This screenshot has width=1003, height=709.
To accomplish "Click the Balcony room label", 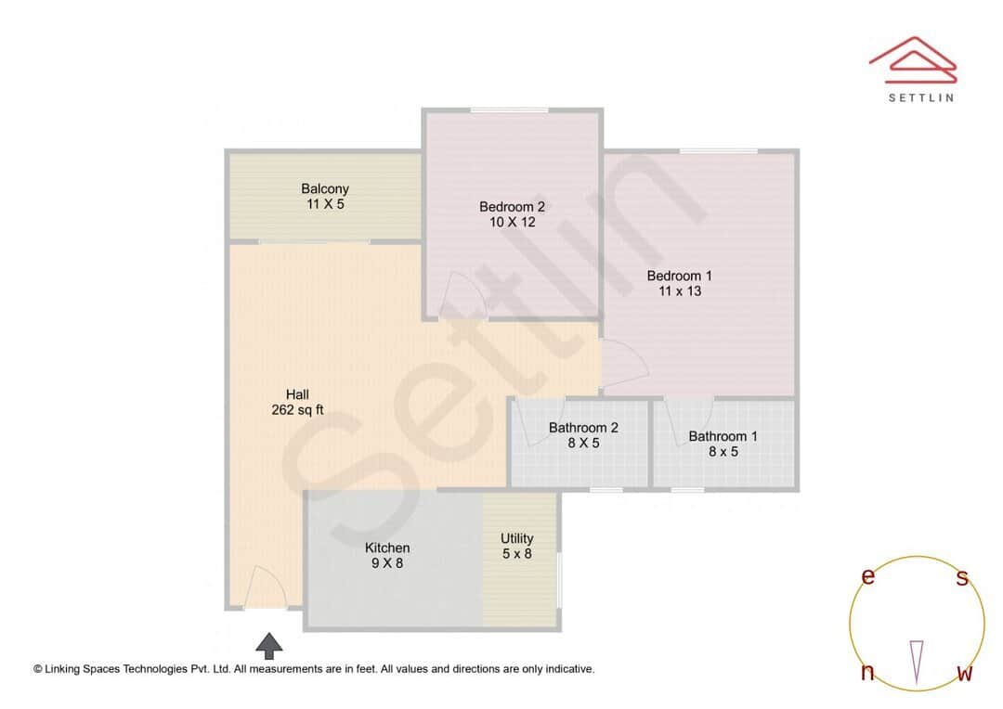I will [x=325, y=189].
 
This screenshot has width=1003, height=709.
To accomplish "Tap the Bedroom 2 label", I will [x=512, y=207].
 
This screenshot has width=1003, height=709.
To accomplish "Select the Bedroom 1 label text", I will [x=680, y=276].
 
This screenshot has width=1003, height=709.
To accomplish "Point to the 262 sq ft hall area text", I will [x=297, y=410].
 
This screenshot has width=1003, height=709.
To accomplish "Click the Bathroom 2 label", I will [x=583, y=428].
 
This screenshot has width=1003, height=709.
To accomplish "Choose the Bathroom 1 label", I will [x=723, y=436].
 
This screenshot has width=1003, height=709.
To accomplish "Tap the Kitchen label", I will [x=387, y=548].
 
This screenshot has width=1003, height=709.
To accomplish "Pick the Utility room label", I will [x=517, y=538].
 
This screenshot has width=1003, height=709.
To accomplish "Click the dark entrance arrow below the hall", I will [x=269, y=645].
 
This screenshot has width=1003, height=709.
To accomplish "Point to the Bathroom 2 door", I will [x=534, y=422].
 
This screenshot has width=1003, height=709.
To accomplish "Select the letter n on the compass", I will [x=867, y=673].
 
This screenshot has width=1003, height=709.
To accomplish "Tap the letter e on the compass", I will [x=868, y=576].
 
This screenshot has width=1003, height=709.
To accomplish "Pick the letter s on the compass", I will [x=962, y=578].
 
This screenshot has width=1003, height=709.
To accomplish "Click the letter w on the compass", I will [x=964, y=674].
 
